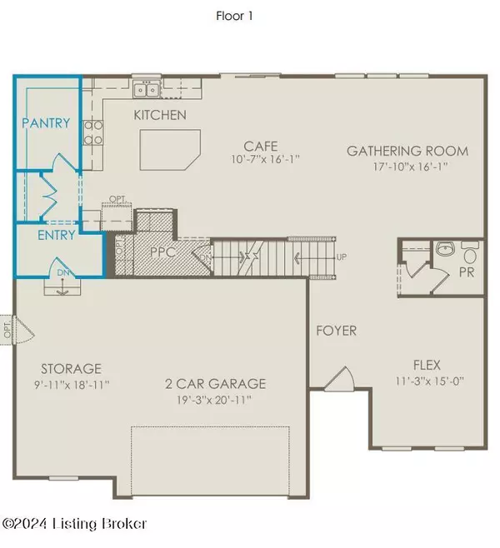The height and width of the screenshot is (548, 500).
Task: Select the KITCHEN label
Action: click(160, 115)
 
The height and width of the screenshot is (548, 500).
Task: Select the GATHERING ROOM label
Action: click(407, 151)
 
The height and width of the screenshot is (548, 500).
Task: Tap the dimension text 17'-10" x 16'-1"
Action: click(407, 166)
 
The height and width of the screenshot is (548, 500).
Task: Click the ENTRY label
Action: click(57, 235)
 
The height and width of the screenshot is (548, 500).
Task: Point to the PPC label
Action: click(162, 250)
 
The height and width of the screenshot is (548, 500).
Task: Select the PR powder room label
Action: click(467, 272)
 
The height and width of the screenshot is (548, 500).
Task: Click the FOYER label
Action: click(336, 331)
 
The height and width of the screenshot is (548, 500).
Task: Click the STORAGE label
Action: click(71, 368)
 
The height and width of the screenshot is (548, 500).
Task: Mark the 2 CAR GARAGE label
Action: click(214, 383)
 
